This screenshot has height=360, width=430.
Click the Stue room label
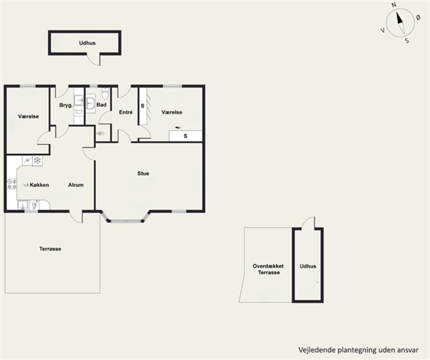pos(143,173)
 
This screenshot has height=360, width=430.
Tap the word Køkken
pos(39,185)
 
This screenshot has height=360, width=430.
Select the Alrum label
pos(76,185)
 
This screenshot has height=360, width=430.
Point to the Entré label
pos(126,112)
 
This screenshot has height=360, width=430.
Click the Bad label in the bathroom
pos(101,105)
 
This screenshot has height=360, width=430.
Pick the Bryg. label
pos(66,105)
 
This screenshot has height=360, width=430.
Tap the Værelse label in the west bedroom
pos(29,116)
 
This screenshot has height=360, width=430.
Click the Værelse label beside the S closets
pos(172,112)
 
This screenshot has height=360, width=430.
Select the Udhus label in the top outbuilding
pos(87,43)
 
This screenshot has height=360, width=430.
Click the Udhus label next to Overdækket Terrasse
pos(308,266)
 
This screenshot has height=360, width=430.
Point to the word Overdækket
pos(268,266)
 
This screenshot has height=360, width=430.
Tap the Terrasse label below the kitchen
pos(50,249)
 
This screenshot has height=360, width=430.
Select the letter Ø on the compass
pos(418,17)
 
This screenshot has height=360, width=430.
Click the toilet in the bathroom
pos(104,93)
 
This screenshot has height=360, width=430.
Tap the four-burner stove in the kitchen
pos(12,184)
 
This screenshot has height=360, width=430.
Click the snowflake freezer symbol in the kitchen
pos(38,160)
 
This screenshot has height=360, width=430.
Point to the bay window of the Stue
pos(126,220)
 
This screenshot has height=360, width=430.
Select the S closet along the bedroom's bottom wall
pos(185,136)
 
